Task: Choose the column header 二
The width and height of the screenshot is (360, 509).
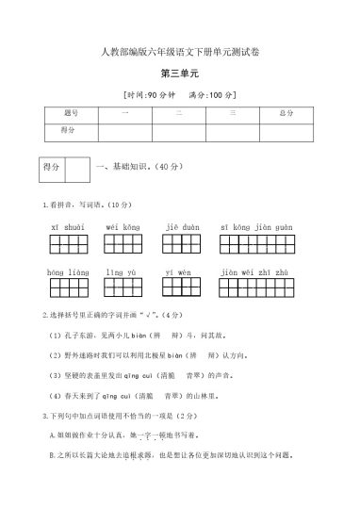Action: point(178,113)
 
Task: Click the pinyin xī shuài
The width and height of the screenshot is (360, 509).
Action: point(68,227)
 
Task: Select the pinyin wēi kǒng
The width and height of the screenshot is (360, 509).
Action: point(123,227)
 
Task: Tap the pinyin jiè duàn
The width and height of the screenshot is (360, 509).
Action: point(182,227)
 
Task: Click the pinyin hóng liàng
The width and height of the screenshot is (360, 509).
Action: point(68,272)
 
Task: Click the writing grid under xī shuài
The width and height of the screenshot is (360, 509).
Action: point(69,245)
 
